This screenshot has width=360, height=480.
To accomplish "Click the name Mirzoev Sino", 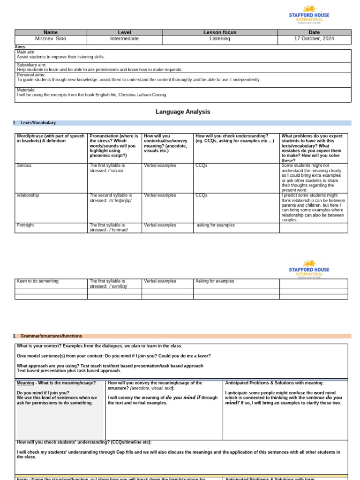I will pos(51,39).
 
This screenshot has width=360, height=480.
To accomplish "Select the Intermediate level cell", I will pos(124,39).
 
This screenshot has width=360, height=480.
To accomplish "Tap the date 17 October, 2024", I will pos(314,39).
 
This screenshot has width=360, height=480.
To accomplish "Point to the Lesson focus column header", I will pos(220,32).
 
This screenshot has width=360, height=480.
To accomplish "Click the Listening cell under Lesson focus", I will pos(220,39).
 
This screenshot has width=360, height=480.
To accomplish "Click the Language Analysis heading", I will pos(183,112).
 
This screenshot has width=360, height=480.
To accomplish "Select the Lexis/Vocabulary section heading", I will pos(38,123).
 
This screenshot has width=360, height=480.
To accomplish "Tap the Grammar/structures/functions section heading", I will pos(51,336).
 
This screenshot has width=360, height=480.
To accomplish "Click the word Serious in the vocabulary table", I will pos(24,165).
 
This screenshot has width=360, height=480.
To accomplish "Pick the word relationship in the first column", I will pos(28,195).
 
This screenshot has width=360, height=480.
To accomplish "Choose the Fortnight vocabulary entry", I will pos(25,225).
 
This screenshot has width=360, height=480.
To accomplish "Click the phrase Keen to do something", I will pos(37,281).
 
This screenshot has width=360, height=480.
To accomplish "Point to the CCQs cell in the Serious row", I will pos(201,165).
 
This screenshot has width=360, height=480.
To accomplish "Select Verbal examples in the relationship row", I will pos(160,195).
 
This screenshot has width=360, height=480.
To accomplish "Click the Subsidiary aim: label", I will pos(31,65).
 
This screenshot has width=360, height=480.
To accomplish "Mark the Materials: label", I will pos(26,90).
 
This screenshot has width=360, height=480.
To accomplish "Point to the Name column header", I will pos(51,32).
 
